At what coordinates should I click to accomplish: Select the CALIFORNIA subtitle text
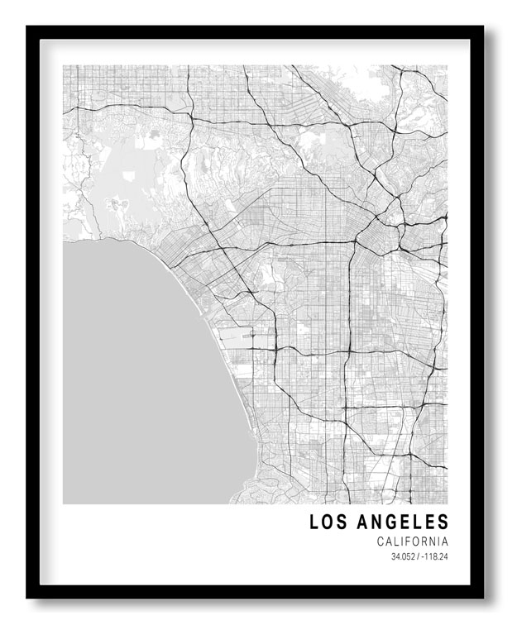click(x=412, y=542)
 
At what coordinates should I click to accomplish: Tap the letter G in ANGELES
click(x=389, y=522)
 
